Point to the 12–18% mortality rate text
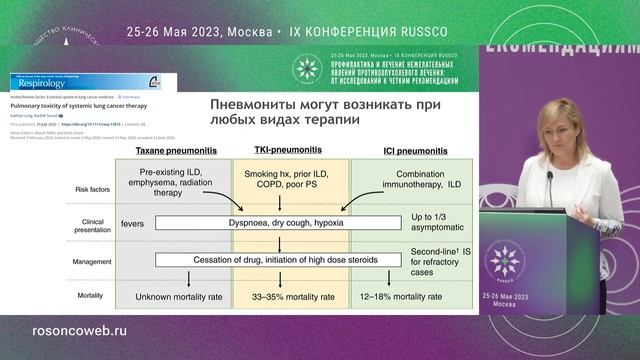[413, 296]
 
